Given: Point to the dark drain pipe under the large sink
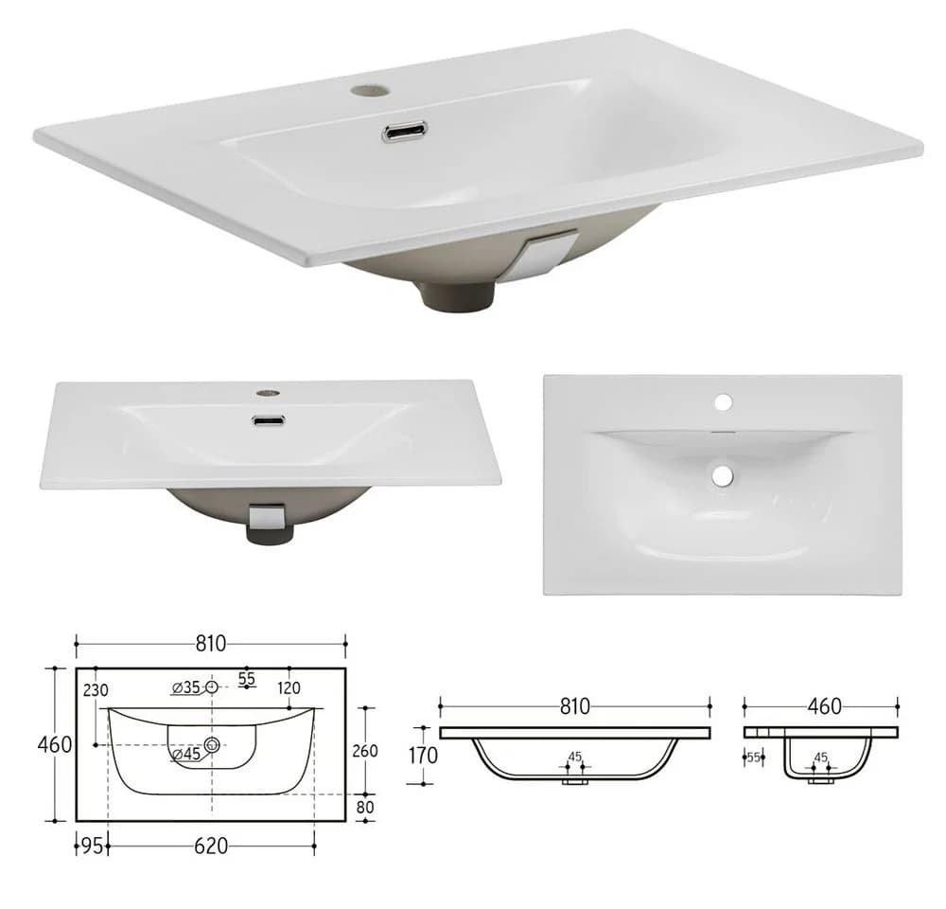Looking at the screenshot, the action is point(458,295).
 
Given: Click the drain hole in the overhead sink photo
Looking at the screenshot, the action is point(722,476).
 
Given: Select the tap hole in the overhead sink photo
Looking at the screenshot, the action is point(724,401).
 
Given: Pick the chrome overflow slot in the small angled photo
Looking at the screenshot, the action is point(269,420).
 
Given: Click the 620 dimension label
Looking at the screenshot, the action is point(211,847).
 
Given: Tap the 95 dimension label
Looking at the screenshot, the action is point(93,847).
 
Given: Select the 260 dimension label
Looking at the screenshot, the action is point(365,751).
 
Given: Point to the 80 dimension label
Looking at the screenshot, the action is point(365,807).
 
